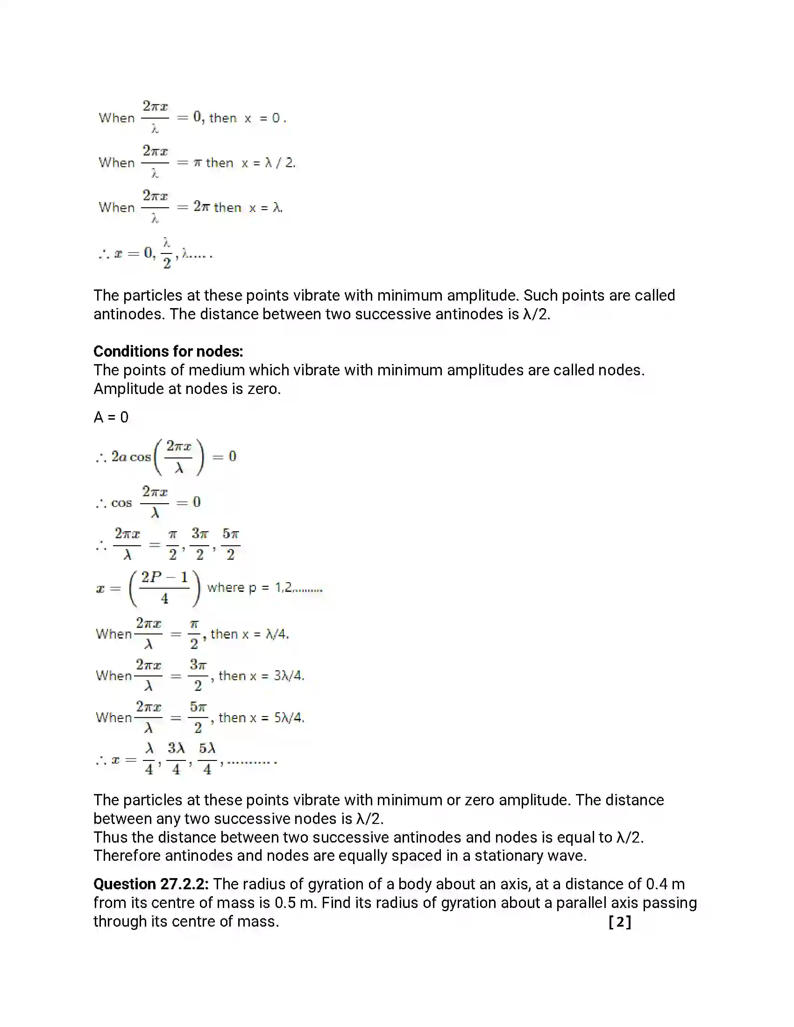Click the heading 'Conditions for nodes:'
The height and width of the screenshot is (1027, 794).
[168, 351]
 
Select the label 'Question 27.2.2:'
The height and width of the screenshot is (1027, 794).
[150, 884]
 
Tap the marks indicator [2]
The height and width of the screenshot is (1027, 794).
[619, 921]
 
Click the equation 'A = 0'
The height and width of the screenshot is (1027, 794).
[111, 417]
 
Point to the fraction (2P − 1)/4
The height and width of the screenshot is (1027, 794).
[164, 588]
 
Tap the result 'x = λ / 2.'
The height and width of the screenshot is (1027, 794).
[268, 163]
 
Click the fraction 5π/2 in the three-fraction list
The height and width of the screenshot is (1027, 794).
[230, 544]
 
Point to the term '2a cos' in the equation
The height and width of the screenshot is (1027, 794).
[131, 457]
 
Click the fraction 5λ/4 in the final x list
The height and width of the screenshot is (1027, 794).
[207, 759]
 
